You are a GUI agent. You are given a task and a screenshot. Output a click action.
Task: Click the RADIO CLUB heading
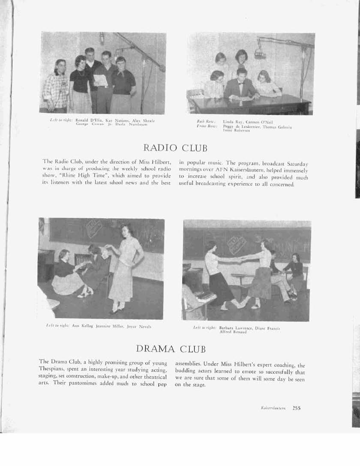175,148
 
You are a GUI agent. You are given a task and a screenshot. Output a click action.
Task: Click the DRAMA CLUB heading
171,348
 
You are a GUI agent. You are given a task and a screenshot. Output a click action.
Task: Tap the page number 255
297,408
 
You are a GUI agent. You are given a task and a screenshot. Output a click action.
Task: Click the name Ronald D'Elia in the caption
87,120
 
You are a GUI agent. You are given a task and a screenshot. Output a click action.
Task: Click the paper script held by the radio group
100,80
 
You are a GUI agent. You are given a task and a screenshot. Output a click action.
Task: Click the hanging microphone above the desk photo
259,54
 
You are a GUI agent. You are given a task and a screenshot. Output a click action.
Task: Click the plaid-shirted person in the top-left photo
56,88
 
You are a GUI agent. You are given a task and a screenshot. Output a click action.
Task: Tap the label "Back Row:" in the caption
205,122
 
